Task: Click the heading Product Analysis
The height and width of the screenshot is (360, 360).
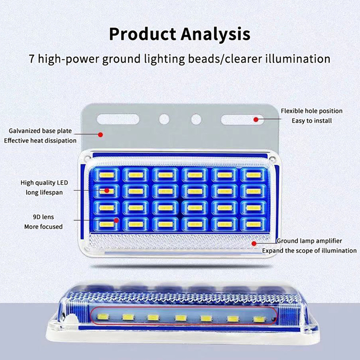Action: tap(180, 34)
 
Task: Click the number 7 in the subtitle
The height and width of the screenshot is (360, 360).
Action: tap(31, 59)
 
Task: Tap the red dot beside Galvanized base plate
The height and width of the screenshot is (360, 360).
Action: tap(101, 134)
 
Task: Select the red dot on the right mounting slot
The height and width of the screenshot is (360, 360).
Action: tap(256, 120)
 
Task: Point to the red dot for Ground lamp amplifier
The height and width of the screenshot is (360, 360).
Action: tap(254, 243)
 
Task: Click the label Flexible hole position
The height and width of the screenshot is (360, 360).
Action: tap(311, 111)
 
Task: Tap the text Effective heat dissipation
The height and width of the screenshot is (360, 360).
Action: tap(40, 140)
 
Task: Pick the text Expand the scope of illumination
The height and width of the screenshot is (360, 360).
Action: tap(309, 251)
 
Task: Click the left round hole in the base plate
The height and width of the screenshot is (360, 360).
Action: tap(164, 119)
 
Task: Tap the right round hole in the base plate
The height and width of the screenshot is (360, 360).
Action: tap(196, 119)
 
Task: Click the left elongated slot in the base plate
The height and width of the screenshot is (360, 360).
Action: tap(115, 120)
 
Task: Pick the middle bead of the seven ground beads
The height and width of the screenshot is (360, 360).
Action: tap(180, 318)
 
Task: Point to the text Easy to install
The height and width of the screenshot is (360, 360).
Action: tap(311, 121)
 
